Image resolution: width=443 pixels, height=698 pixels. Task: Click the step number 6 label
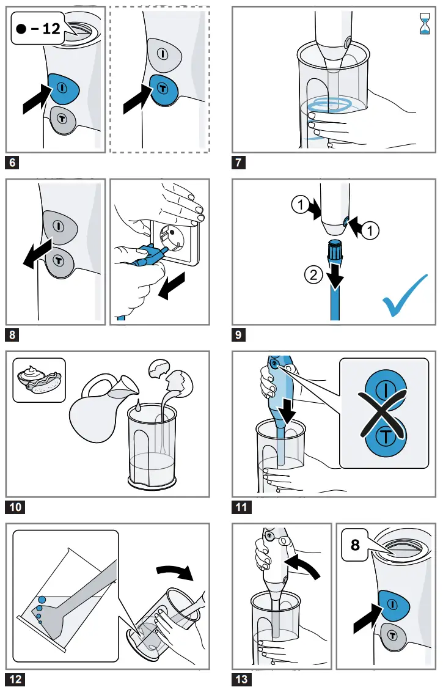tap(12, 163)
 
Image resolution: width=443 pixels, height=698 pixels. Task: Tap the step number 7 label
tap(240, 163)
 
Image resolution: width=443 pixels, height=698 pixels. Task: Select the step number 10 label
tap(16, 507)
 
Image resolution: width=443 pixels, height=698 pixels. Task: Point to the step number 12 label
tap(16, 678)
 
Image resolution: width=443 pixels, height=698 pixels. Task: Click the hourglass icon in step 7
tap(423, 24)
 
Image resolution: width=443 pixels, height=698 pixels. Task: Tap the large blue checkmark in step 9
tap(404, 296)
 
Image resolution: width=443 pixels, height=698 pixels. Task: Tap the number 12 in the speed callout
tap(52, 29)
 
